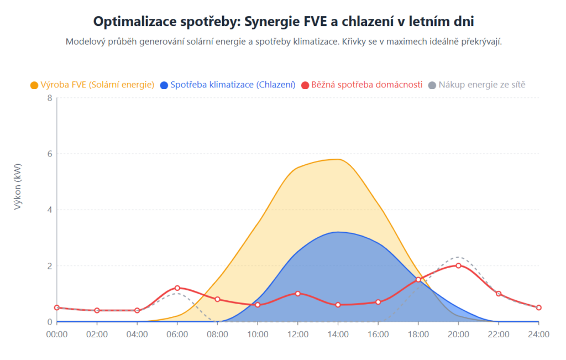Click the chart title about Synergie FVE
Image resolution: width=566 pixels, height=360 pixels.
coord(283,21)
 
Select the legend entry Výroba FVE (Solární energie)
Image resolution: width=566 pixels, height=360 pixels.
coord(97,85)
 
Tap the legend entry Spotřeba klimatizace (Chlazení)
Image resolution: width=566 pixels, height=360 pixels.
coord(232,85)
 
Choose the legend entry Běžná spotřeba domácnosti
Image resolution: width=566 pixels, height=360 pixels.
coord(366,85)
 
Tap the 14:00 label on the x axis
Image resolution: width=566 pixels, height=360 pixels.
coord(338,334)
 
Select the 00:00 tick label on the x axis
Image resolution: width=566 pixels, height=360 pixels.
coord(57,334)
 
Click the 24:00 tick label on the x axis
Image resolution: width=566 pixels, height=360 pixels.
coord(538,334)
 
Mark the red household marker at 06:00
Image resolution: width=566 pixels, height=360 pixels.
coord(177,288)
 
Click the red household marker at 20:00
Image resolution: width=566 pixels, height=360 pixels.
coord(458,265)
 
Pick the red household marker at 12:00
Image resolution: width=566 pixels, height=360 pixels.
coord(298,293)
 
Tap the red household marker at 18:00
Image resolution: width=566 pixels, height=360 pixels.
coord(418,279)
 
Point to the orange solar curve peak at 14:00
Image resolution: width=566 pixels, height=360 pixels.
coord(338,159)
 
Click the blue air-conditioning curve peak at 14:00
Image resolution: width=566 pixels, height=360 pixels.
coord(338,232)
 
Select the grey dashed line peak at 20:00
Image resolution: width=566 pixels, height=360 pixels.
coord(458,257)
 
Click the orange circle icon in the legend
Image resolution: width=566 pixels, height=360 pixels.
coord(34,85)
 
